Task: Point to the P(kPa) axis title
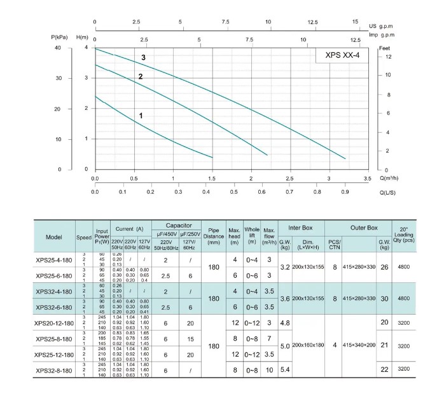coord(62,37)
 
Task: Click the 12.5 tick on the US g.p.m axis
coord(312,22)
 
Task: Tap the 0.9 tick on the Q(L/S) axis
coord(345,191)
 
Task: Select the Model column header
coord(54,236)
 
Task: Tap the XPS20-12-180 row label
coord(54,324)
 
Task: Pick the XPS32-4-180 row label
coord(54,292)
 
